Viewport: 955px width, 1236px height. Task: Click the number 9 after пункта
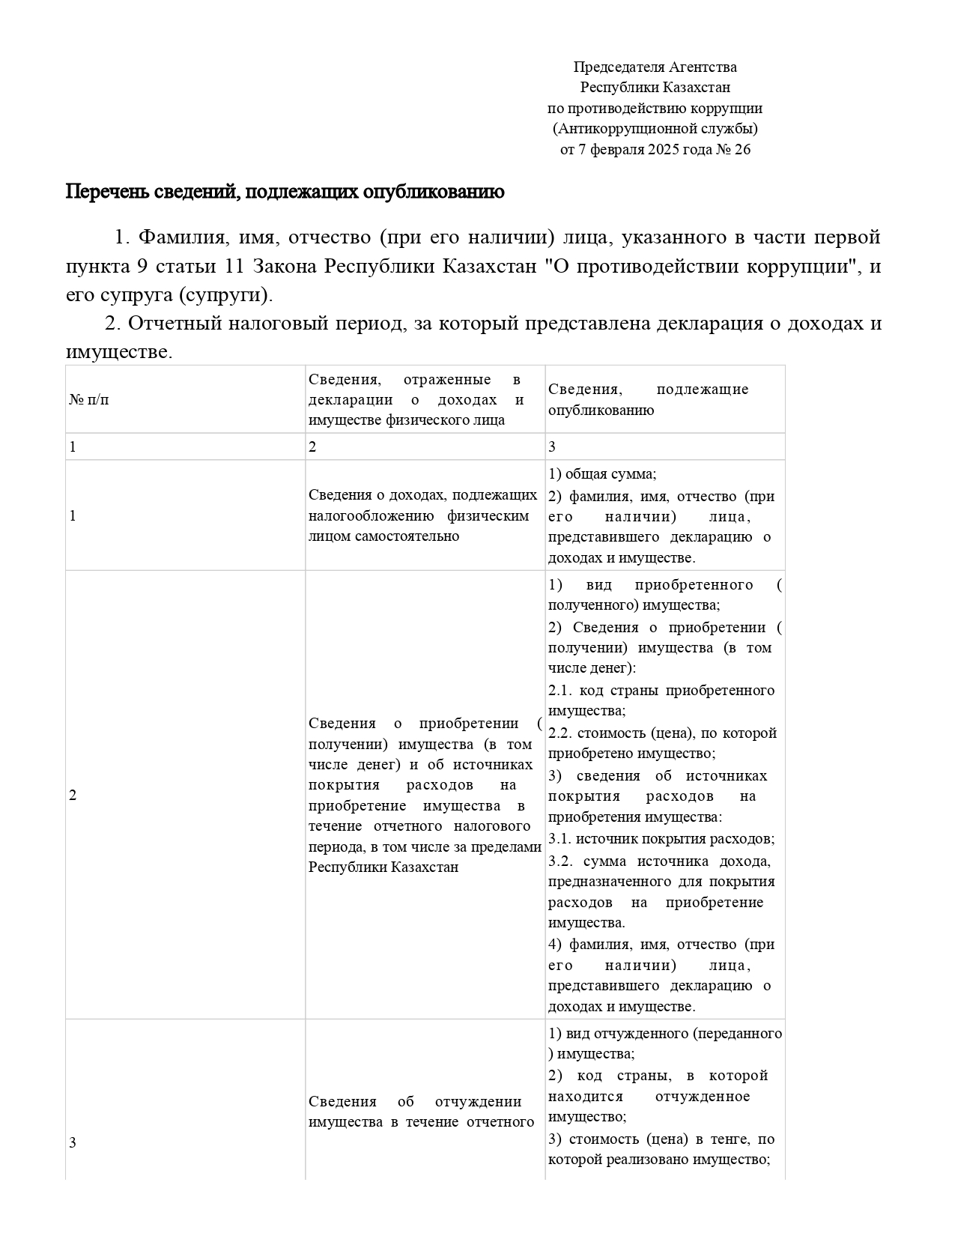pyautogui.click(x=142, y=266)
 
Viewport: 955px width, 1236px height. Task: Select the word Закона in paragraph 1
pyautogui.click(x=285, y=266)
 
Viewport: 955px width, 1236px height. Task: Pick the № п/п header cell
pyautogui.click(x=89, y=399)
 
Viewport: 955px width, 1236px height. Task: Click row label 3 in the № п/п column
pyautogui.click(x=73, y=1142)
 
